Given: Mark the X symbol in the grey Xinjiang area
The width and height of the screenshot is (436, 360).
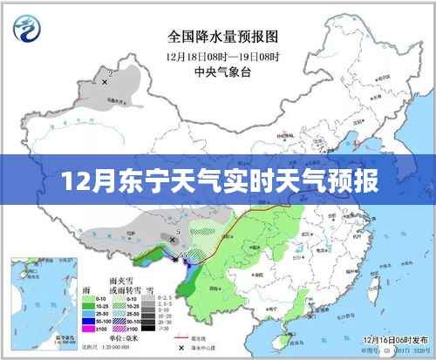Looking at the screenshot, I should coord(106,81).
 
